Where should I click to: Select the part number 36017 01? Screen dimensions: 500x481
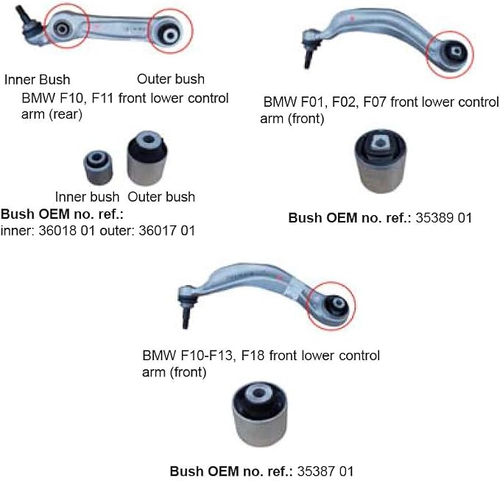pos(166,231)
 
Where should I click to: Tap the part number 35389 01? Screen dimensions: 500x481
pos(443,218)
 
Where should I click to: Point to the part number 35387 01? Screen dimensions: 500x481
pos(325,471)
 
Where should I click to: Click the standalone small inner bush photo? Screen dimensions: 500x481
pos(98,168)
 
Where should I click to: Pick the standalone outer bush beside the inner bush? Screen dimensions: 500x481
pos(147,158)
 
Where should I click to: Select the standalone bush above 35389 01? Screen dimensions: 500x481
pos(381,161)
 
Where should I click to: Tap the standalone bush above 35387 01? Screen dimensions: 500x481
pos(260,413)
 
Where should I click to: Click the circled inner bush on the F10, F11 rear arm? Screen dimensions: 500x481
pos(63,29)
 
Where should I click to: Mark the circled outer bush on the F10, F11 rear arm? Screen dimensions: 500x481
pos(170,34)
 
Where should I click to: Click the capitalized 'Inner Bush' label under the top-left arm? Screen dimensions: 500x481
pos(37,80)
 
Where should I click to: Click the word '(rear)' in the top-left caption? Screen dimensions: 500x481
pos(65,114)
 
